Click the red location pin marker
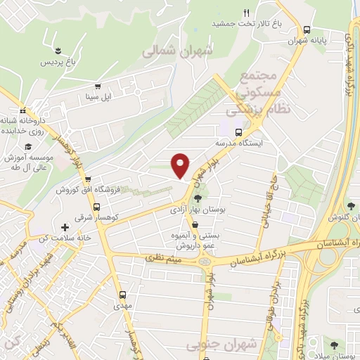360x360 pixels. (181, 165)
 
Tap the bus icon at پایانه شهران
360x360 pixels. (307, 30)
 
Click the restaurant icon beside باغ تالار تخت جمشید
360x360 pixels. (246, 13)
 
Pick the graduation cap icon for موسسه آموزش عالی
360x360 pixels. (28, 146)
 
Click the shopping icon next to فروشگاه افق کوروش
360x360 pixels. (88, 179)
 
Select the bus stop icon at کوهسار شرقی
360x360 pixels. (96, 207)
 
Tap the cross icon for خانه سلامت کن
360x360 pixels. (65, 227)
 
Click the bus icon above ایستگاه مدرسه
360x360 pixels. (238, 131)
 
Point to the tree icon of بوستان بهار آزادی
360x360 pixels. (198, 198)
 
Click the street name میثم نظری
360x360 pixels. (162, 259)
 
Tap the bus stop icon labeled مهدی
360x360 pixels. (123, 295)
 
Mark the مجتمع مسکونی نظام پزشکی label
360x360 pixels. (253, 93)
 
